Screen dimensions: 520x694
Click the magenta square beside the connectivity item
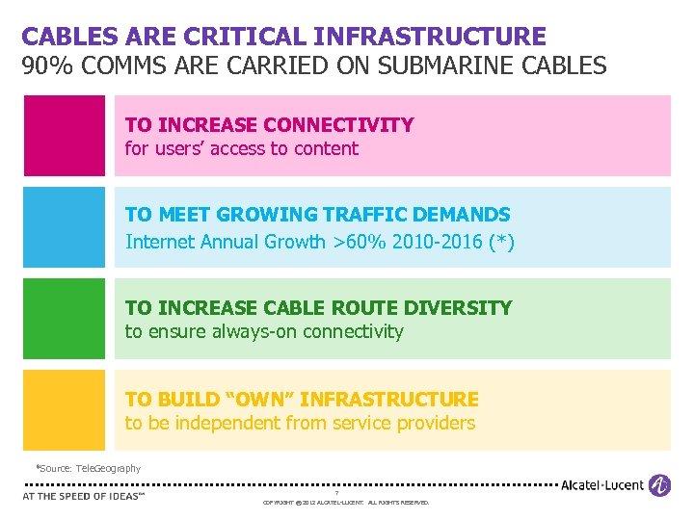coord(65,136)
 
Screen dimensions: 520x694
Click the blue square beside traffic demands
coord(65,227)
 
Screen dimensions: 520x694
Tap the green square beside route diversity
coord(65,319)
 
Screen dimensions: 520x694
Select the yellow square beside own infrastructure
coord(65,410)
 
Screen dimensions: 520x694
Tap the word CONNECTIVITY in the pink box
coord(338,125)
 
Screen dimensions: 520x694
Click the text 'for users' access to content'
coord(241,149)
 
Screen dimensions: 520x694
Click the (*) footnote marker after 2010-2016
coord(501,242)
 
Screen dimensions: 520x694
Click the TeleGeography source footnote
coord(89,469)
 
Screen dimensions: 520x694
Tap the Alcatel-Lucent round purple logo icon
coord(660,485)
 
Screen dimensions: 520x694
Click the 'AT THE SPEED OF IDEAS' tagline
coord(83,497)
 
